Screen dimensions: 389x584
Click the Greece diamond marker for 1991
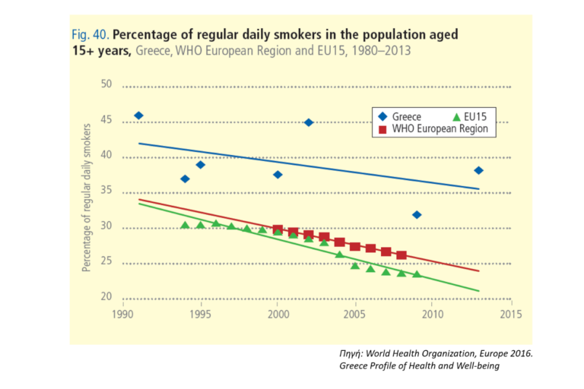click(138, 115)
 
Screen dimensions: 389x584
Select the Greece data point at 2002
click(309, 122)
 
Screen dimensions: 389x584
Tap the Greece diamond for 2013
click(478, 170)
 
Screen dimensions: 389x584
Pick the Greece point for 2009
click(417, 215)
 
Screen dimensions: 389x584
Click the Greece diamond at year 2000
click(278, 175)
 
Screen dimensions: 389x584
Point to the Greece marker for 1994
click(185, 179)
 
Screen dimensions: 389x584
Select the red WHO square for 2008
click(401, 255)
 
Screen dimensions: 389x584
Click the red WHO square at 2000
click(278, 229)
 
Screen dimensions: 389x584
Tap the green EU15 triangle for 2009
click(417, 274)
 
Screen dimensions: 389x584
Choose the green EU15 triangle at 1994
click(185, 225)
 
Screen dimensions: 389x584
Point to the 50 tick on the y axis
click(106, 85)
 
